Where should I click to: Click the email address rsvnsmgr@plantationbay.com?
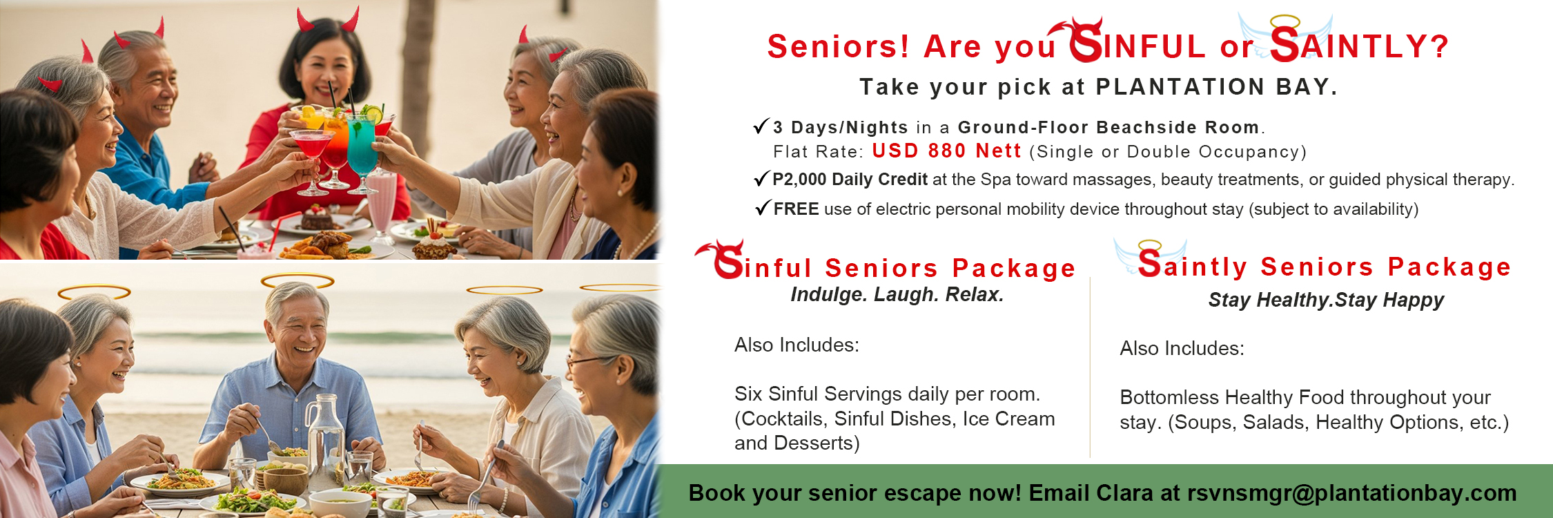1351,493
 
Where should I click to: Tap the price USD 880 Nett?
946,151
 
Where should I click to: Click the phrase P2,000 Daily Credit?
850,180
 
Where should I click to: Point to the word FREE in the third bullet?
796,209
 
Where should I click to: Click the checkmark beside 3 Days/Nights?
761,126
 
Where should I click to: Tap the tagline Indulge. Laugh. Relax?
897,295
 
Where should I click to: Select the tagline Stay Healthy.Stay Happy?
1325,300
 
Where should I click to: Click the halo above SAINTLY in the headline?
1285,21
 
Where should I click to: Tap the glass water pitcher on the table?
324,442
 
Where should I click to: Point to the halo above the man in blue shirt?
297,280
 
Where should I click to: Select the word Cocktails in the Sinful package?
783,419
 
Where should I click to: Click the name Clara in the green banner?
1124,493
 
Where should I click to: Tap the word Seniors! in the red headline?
838,47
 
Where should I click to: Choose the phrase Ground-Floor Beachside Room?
1108,127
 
